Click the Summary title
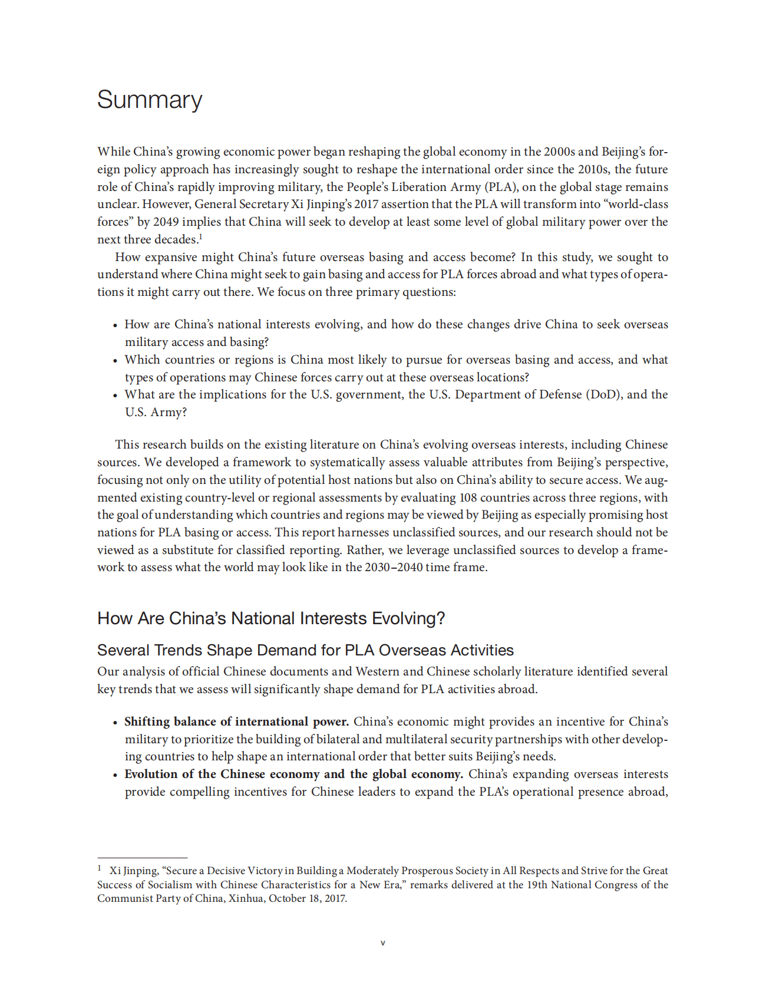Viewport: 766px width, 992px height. [150, 100]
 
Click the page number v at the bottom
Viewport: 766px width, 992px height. [383, 943]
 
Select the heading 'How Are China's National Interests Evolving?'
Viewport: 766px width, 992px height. [271, 618]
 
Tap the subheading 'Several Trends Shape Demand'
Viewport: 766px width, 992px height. [305, 650]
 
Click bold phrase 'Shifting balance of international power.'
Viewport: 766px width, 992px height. [236, 721]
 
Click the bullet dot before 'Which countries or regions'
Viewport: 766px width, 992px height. [115, 361]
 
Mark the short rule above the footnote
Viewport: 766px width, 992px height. [142, 858]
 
